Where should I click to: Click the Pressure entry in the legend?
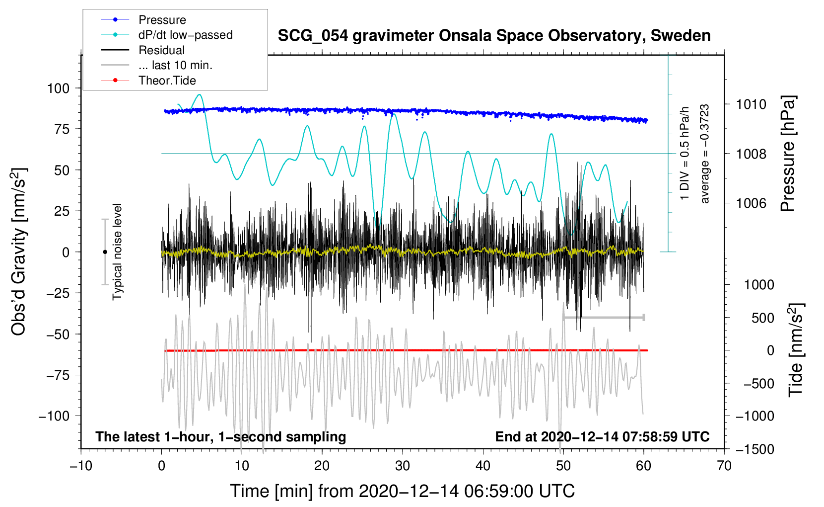click(x=162, y=20)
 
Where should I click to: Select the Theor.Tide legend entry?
click(x=167, y=81)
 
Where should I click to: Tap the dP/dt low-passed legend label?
click(x=185, y=35)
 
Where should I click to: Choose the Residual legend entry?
click(x=161, y=50)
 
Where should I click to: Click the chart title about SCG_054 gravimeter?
click(x=494, y=36)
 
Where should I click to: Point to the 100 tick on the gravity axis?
click(x=58, y=88)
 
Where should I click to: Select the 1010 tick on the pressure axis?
click(x=751, y=104)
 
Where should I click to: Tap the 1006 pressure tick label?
click(x=751, y=203)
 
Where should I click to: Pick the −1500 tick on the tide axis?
click(x=755, y=449)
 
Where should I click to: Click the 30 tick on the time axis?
click(x=403, y=466)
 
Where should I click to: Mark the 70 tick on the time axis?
click(x=724, y=466)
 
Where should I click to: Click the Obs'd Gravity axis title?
click(x=19, y=252)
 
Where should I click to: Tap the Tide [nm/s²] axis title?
click(x=796, y=350)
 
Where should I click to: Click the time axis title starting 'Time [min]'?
click(x=402, y=491)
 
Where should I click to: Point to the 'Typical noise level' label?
click(x=117, y=252)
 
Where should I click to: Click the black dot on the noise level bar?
click(x=105, y=252)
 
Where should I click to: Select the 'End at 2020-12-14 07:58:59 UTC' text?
click(x=602, y=437)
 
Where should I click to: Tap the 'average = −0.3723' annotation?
click(x=705, y=154)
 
